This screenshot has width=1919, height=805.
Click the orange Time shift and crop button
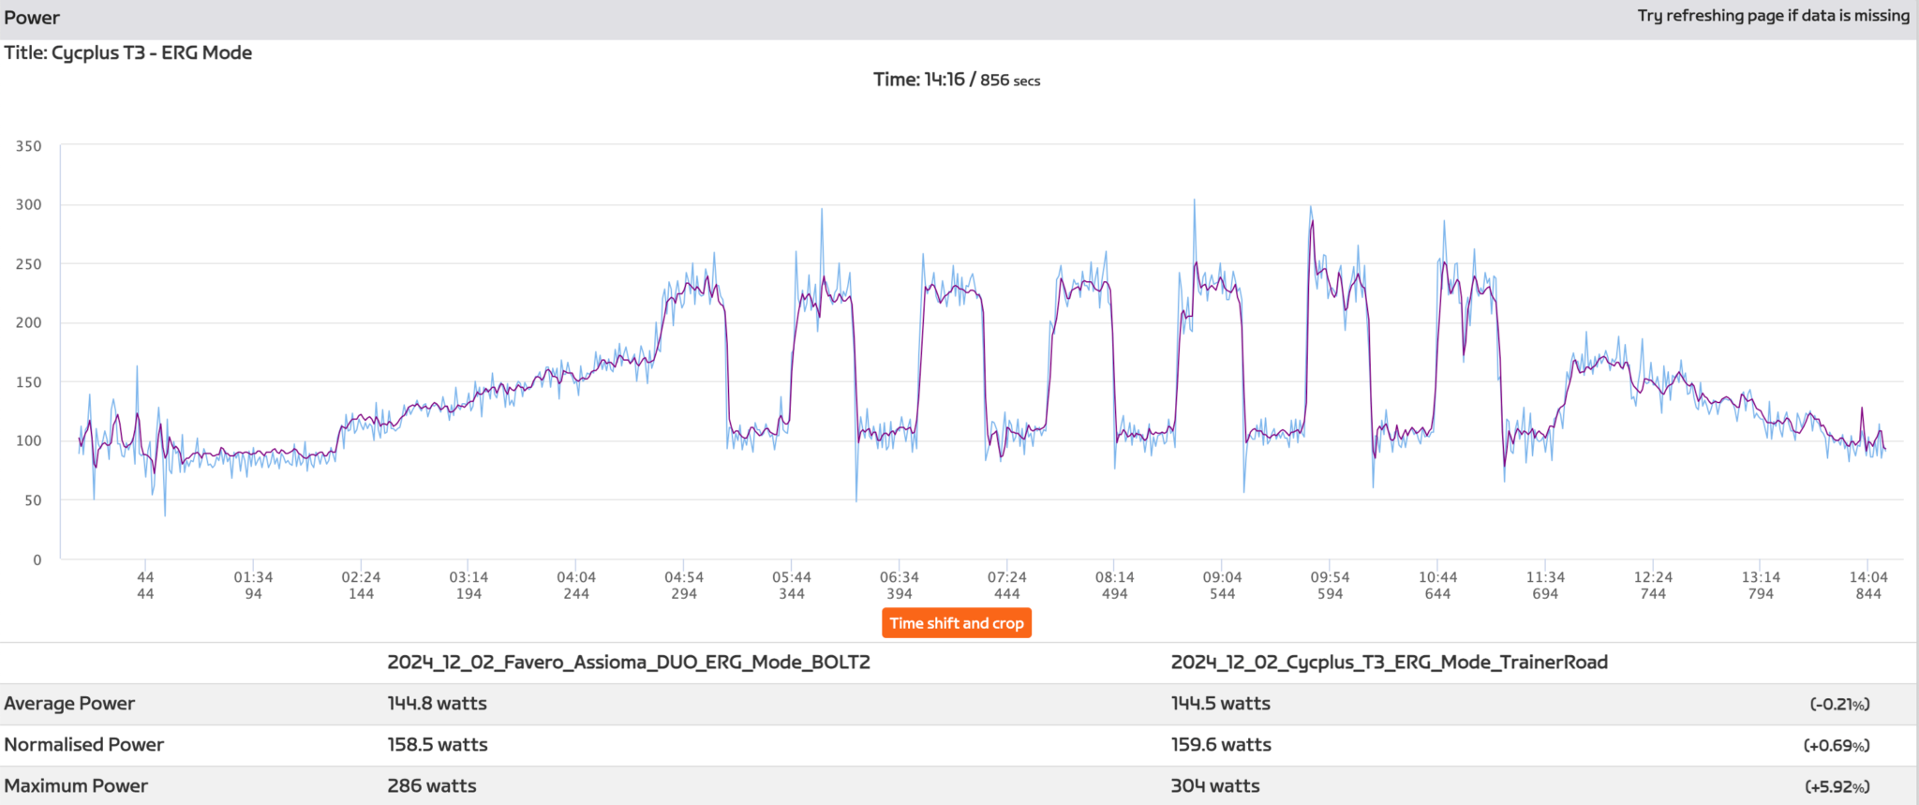coord(956,623)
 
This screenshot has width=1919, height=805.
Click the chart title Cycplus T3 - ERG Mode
coord(128,52)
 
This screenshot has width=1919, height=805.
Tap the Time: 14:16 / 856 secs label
coord(956,80)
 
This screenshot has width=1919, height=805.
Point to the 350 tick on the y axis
coord(29,146)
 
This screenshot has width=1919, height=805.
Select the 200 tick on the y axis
coord(29,322)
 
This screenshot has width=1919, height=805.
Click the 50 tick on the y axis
coord(33,499)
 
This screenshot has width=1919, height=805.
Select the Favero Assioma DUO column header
coord(629,663)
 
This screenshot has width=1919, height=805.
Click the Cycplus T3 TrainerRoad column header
coord(1389,663)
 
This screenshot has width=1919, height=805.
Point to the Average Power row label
coord(69,704)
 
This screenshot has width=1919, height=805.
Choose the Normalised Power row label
coord(84,745)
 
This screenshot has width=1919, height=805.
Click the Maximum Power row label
coord(76,786)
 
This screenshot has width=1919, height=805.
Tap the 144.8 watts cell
coord(437,704)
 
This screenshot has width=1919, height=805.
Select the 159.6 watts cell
coord(1220,745)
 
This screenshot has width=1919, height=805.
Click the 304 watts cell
coord(1214,786)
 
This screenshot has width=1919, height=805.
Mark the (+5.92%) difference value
coord(1837,787)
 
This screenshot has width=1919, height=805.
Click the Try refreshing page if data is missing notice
coord(1773,16)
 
